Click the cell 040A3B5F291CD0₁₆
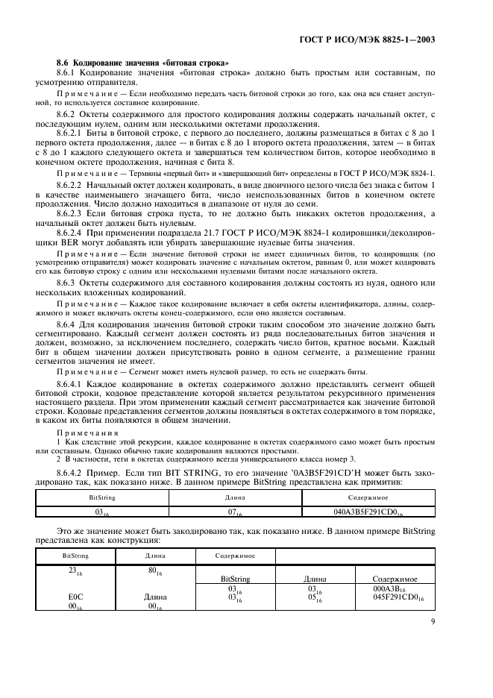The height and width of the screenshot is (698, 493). click(x=365, y=512)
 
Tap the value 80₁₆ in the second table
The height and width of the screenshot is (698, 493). click(x=152, y=569)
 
